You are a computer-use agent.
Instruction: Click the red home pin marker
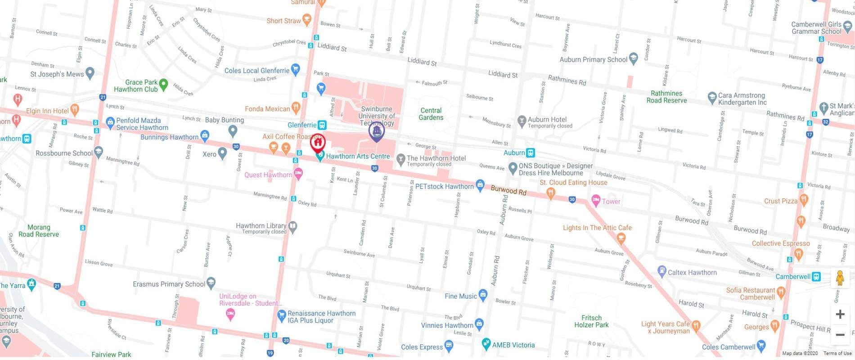pos(318,143)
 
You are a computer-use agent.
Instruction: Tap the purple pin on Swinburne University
pos(377,131)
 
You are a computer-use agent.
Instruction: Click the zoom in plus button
pos(840,314)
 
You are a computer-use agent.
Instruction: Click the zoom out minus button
pos(840,335)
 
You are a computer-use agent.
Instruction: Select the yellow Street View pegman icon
pos(840,278)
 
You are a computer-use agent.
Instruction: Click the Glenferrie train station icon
pos(322,125)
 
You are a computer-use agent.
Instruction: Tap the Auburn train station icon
pos(531,153)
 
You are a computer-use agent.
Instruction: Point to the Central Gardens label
pos(431,114)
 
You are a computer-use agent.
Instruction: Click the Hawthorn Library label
pos(261,226)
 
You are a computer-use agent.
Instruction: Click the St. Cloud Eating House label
pos(573,183)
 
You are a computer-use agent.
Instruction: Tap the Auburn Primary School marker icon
pos(634,58)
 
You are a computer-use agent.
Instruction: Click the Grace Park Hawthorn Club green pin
pos(164,84)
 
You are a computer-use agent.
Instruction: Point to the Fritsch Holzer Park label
pos(591,321)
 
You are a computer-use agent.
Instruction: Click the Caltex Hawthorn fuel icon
pos(661,272)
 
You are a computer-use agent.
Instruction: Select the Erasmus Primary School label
pos(169,284)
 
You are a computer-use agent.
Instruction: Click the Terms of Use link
pos(837,354)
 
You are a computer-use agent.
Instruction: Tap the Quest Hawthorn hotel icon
pos(298,173)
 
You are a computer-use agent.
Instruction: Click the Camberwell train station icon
pos(816,277)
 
